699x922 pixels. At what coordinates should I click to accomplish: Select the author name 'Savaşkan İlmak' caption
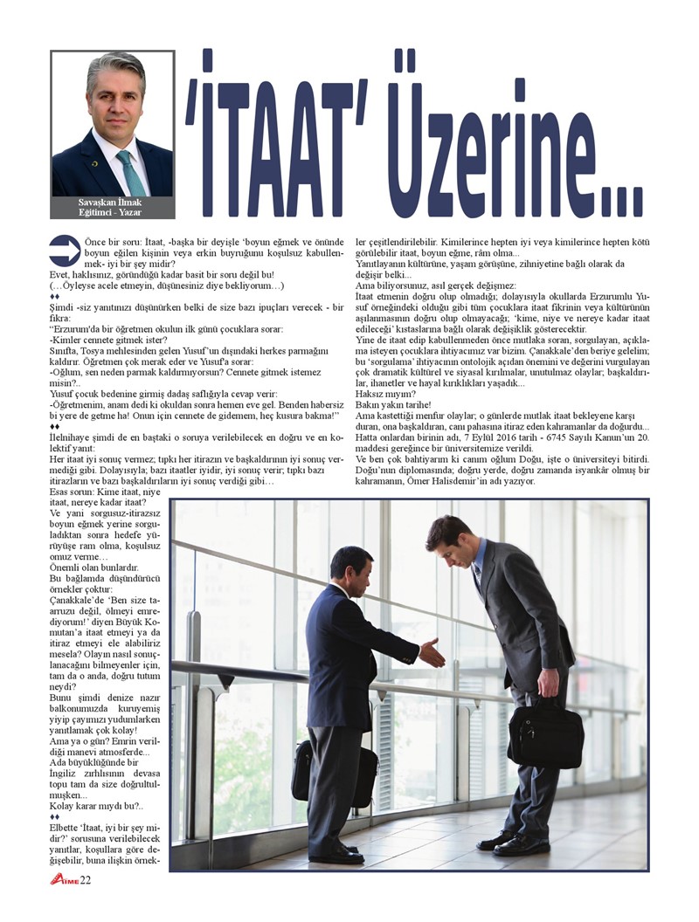(x=112, y=203)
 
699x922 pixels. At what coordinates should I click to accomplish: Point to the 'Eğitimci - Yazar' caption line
(x=112, y=212)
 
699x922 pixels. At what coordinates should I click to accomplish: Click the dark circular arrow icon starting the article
(x=65, y=250)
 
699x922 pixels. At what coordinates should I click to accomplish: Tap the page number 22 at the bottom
(x=86, y=879)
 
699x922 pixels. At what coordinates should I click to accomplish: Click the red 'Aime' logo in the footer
(x=64, y=879)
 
